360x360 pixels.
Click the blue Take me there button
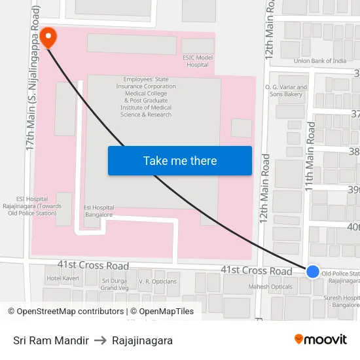click(179, 161)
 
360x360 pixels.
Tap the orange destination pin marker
click(48, 37)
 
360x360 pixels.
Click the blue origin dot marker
click(313, 271)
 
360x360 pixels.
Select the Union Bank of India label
click(320, 61)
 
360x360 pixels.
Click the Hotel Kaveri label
click(62, 279)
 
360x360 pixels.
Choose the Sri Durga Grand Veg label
click(115, 284)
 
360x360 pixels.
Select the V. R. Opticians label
click(157, 281)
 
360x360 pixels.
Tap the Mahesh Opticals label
click(270, 287)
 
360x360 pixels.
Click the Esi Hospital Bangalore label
click(99, 211)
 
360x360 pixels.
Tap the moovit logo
click(321, 340)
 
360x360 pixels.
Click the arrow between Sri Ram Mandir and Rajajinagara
click(100, 340)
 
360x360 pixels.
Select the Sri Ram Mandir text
click(51, 340)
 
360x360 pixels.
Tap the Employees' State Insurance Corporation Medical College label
click(146, 96)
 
